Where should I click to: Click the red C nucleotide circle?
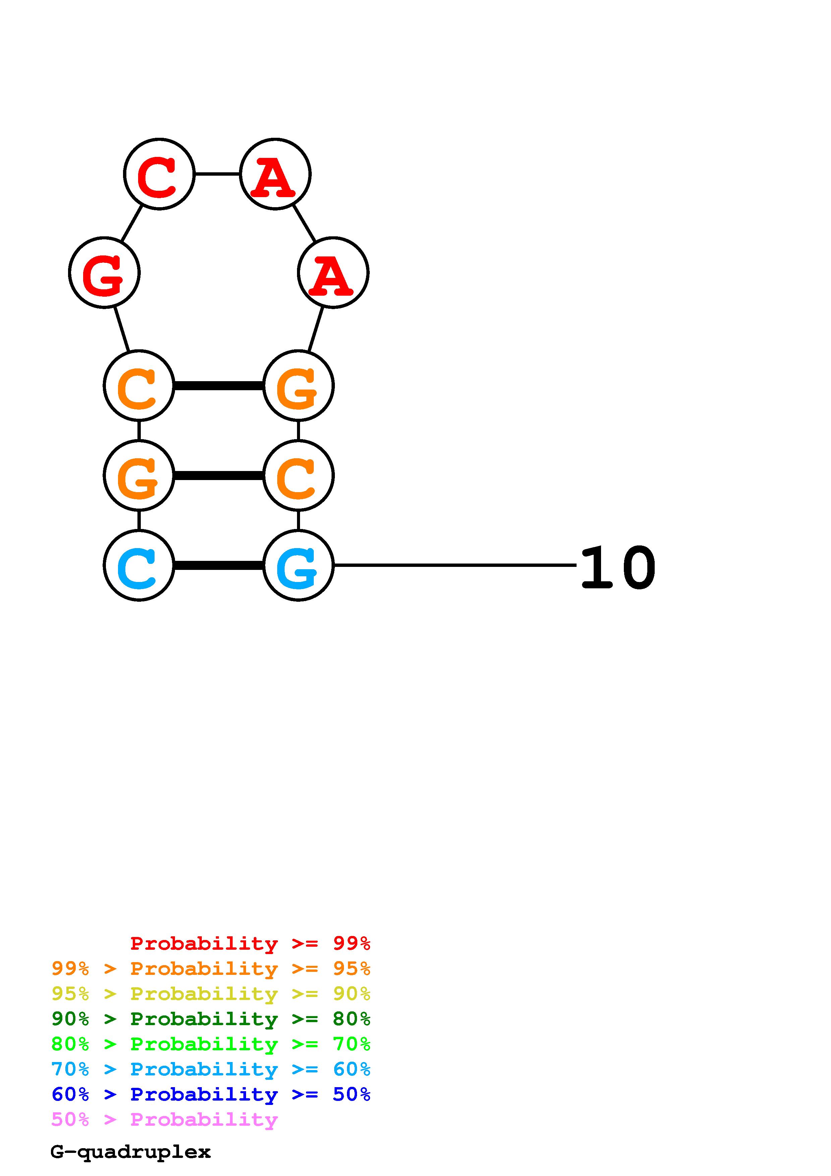click(x=159, y=174)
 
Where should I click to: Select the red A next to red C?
click(x=275, y=174)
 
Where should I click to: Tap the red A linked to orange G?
click(x=333, y=273)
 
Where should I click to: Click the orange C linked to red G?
click(x=139, y=385)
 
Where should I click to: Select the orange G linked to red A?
click(x=298, y=385)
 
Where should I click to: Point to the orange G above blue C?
click(x=139, y=475)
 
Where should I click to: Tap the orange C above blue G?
click(x=298, y=475)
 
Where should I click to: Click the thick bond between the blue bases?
click(x=219, y=566)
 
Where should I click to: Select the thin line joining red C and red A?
click(x=217, y=174)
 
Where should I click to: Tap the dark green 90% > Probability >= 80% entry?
click(x=211, y=1019)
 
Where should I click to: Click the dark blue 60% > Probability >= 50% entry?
click(x=211, y=1094)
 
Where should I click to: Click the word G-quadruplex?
click(x=130, y=1152)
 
